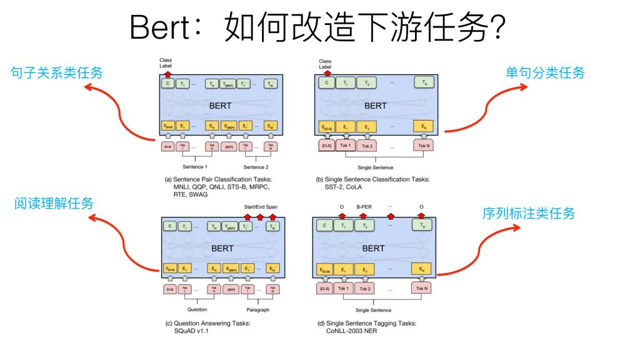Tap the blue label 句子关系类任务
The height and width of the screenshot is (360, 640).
57,73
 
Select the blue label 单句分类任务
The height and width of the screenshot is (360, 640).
545,73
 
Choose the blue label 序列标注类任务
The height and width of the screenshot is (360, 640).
529,213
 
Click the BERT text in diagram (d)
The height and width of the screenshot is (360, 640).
374,248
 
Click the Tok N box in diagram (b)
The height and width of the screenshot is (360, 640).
425,146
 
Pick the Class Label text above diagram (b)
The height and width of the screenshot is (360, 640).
325,63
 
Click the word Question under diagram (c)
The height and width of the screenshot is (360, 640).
197,309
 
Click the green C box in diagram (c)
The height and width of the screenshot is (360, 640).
167,226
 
